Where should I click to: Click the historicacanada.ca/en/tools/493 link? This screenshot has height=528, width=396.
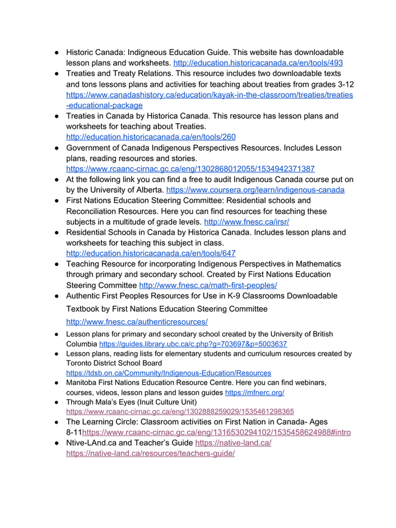click(x=258, y=63)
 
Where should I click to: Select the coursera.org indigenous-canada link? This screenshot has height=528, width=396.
click(x=255, y=190)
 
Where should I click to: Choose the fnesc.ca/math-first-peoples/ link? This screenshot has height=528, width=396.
click(x=208, y=285)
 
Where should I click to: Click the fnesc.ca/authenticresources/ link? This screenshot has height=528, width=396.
click(x=137, y=322)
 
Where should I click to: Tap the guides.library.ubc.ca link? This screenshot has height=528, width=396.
click(x=193, y=344)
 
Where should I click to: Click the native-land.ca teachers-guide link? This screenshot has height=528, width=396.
click(x=150, y=454)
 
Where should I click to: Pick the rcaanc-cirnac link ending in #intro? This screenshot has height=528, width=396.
click(x=217, y=433)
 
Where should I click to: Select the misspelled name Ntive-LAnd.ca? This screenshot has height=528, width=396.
click(x=95, y=443)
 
